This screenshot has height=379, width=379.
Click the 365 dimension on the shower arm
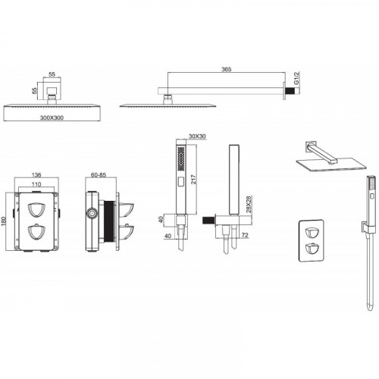pyautogui.click(x=226, y=69)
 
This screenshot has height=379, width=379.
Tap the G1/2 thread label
pyautogui.click(x=296, y=78)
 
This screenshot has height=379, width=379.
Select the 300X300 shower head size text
pyautogui.click(x=52, y=117)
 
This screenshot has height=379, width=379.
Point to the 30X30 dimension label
pyautogui.click(x=197, y=136)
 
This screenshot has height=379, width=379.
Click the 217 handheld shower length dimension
pyautogui.click(x=193, y=180)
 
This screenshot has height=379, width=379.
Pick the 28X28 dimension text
pyautogui.click(x=249, y=204)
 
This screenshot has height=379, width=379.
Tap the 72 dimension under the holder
pyautogui.click(x=245, y=235)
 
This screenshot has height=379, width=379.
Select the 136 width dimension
pyautogui.click(x=36, y=175)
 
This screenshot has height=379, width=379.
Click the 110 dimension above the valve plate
pyautogui.click(x=36, y=184)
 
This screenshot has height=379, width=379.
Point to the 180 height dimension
pyautogui.click(x=4, y=221)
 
